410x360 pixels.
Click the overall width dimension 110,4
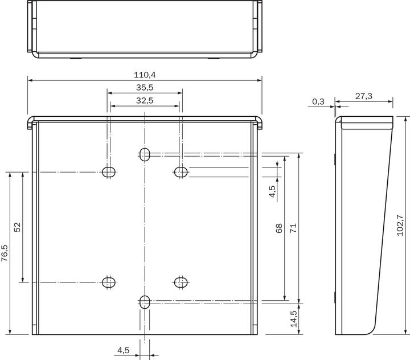coord(145,75)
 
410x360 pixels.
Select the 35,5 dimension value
coord(145,87)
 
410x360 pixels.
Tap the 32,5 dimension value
coord(145,100)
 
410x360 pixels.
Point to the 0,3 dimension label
coord(318,101)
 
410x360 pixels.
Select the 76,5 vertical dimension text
coord(5,252)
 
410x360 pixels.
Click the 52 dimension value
coord(17,227)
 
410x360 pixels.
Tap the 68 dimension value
coord(279,228)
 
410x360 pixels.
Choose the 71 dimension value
coord(293,228)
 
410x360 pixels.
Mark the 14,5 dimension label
coord(293,318)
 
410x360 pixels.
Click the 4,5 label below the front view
coord(123,350)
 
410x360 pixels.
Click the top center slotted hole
coord(145,154)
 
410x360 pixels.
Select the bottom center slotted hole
coord(145,301)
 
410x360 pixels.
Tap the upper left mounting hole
coord(109,171)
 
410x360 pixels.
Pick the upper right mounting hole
coord(181,171)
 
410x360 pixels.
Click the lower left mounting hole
coord(109,281)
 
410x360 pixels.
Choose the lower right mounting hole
coord(181,281)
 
